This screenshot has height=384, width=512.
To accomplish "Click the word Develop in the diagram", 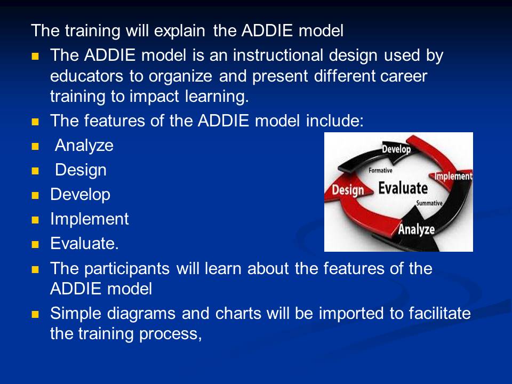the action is tap(396, 149).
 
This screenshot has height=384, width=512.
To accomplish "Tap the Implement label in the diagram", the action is tap(453, 177).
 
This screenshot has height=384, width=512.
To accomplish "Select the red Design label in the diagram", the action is tap(348, 190).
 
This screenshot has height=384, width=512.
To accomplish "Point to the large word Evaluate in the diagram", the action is tap(403, 188).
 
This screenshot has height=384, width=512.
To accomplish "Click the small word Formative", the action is tap(380, 171).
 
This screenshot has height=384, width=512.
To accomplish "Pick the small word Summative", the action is tap(429, 203).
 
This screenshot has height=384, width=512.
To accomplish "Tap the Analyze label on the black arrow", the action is tap(417, 229).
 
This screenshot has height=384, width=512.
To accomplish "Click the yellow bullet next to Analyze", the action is tap(35, 146).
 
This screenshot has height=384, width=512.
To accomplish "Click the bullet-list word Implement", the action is tap(90, 219).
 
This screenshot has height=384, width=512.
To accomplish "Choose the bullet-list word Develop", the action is tap(81, 194).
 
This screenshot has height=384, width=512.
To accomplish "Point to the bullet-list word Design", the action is tap(81, 170).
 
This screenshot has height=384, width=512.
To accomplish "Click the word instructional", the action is tap(278, 55).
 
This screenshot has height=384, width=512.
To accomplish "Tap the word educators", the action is tap(86, 76).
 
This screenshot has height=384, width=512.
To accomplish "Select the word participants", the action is tap(127, 269).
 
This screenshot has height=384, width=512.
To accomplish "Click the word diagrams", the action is tap(141, 314).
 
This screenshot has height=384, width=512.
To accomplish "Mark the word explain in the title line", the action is tap(180, 31).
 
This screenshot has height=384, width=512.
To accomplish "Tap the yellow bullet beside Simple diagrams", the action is tap(35, 315).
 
